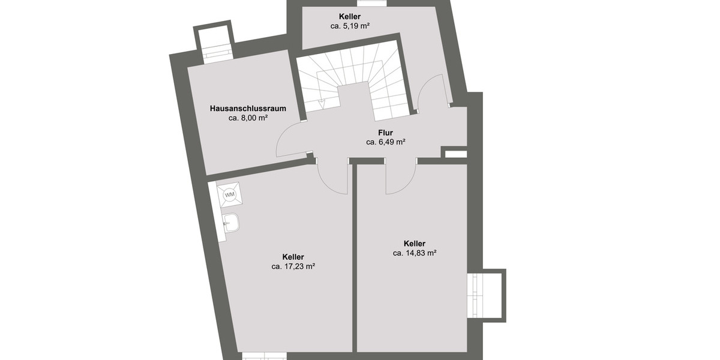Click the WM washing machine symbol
229,194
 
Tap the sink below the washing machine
231,223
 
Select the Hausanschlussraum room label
247,109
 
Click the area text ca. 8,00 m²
247,118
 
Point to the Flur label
385,133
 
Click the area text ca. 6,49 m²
385,142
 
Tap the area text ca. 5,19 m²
350,26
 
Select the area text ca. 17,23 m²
293,266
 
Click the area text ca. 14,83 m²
414,253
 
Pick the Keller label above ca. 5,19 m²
350,17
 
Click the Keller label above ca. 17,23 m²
293,257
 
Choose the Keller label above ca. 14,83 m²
414,244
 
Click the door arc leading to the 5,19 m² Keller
432,93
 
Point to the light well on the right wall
486,295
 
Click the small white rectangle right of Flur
455,154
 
